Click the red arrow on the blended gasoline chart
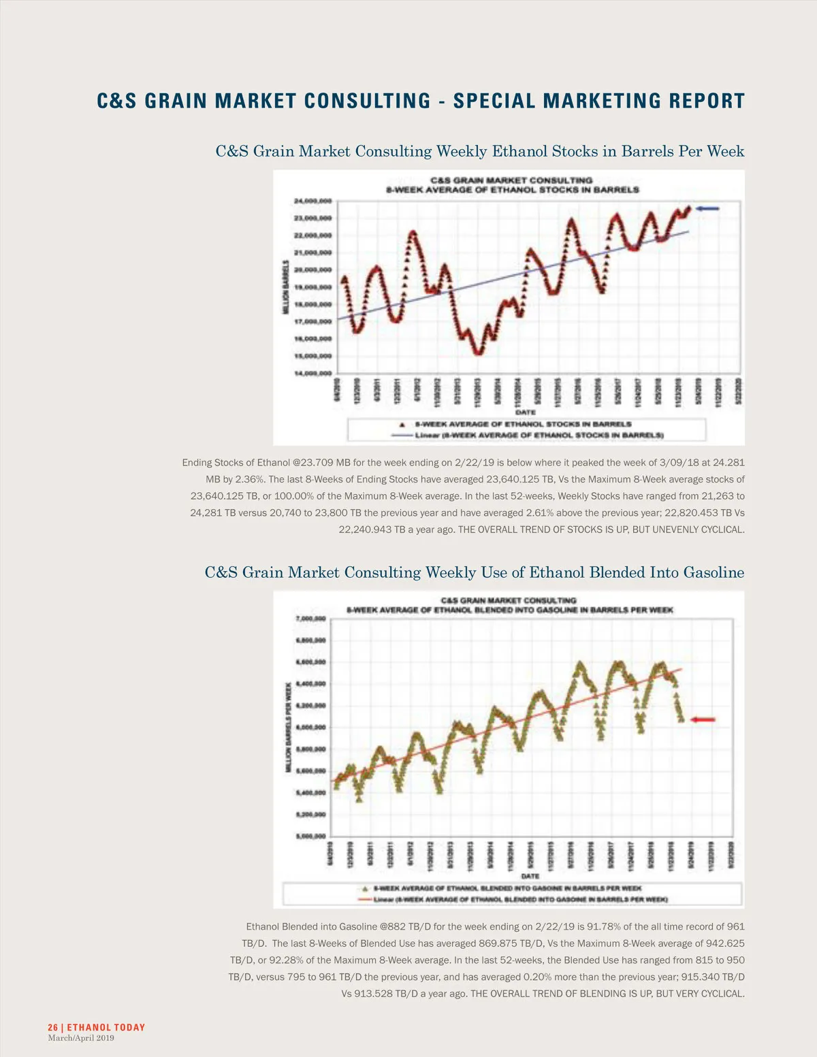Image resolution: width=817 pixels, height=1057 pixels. (703, 719)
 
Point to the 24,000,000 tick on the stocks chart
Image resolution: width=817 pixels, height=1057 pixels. (313, 201)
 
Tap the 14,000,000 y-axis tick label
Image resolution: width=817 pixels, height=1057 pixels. (313, 373)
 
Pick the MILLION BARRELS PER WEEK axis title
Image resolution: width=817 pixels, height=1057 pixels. (288, 727)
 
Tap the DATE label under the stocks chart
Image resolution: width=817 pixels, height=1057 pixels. (525, 412)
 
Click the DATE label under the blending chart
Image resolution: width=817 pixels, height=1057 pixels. (530, 876)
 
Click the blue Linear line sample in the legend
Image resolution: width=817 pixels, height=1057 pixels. (401, 435)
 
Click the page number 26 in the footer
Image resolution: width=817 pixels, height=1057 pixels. (52, 1027)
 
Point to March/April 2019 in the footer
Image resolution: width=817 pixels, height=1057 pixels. (81, 1038)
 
